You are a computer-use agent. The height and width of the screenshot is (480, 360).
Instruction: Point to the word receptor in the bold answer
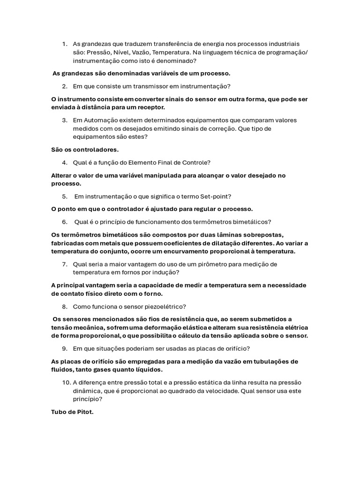149,107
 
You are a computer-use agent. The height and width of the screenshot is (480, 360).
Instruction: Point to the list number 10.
66,382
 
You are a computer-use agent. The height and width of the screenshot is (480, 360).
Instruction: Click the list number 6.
65,222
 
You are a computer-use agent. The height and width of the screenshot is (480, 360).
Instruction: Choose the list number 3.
65,120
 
